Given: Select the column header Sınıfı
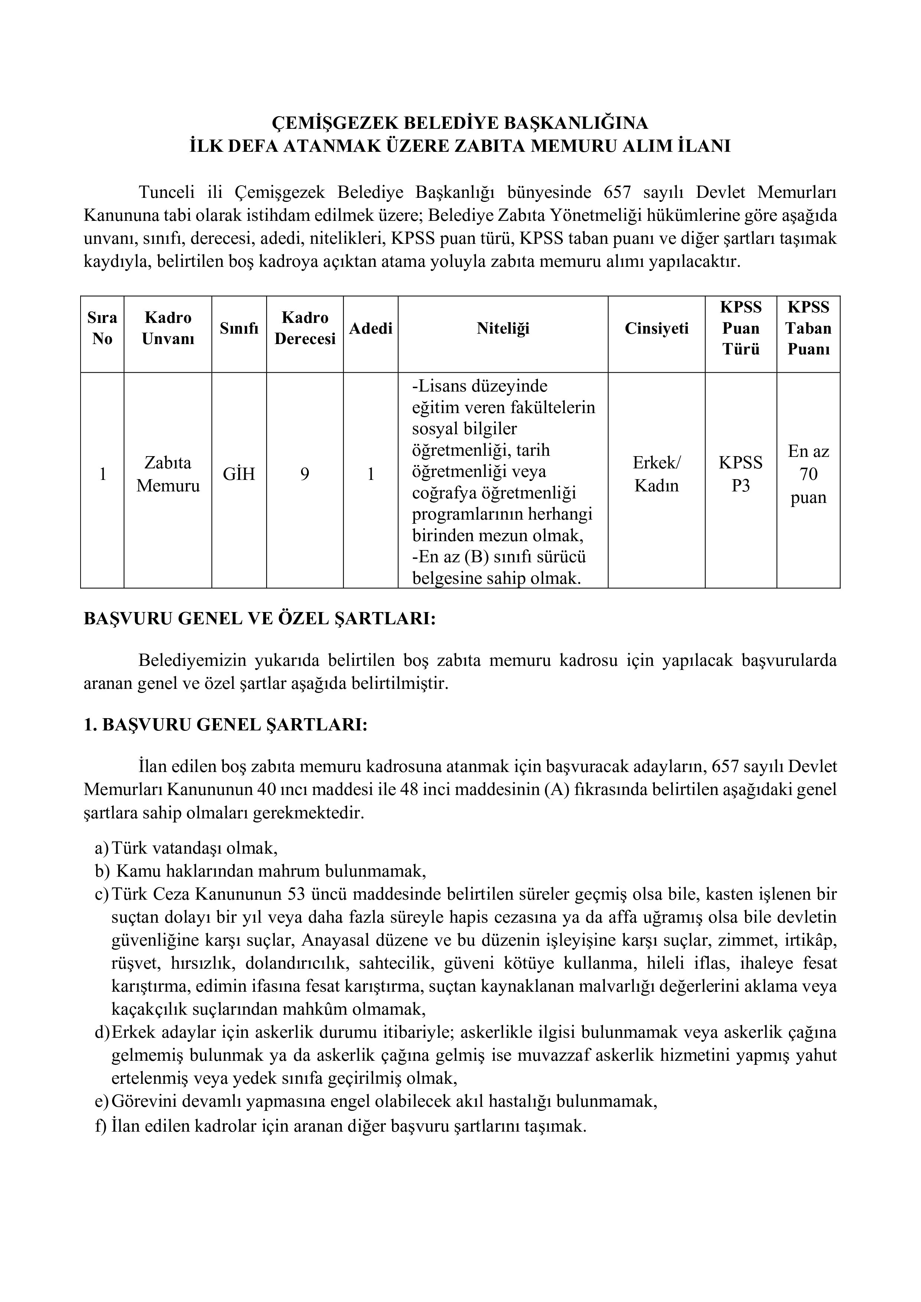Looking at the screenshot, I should tap(239, 328).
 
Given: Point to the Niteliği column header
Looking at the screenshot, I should tap(503, 328).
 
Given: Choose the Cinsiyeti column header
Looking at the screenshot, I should tap(656, 328).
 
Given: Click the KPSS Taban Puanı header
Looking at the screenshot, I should tap(808, 328).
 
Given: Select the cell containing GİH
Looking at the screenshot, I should tap(239, 474).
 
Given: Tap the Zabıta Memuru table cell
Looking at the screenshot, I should tap(168, 474).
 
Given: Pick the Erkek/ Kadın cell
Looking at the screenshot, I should tap(656, 474).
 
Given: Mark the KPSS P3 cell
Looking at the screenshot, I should tap(741, 474).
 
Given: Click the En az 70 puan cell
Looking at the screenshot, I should tap(808, 474).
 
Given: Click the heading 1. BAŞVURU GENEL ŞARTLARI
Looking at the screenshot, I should tap(225, 725).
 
